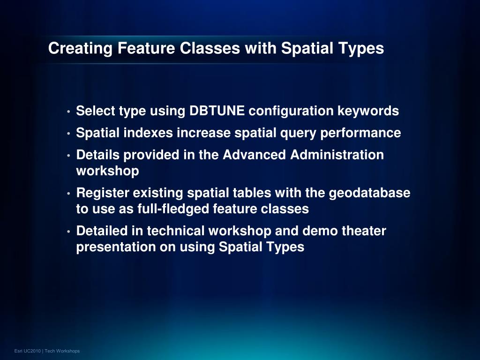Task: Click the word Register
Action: (x=102, y=193)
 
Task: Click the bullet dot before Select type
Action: (x=68, y=112)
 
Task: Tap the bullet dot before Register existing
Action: (x=68, y=194)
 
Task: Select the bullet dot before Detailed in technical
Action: (x=68, y=232)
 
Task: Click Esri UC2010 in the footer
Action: (x=28, y=351)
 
